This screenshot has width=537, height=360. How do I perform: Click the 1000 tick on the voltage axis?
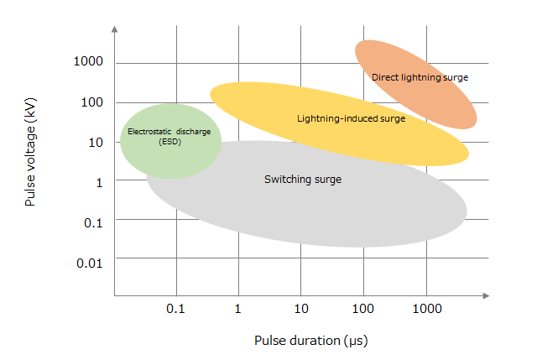(x=87, y=62)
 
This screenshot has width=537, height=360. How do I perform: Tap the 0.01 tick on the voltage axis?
(x=89, y=263)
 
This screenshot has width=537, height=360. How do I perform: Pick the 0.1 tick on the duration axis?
(x=175, y=309)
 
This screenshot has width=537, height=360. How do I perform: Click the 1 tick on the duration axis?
(x=238, y=309)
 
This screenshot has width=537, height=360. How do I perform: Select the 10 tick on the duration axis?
(x=300, y=309)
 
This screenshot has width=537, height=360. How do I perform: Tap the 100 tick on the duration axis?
(x=363, y=309)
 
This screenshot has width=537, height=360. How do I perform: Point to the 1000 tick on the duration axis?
(x=426, y=309)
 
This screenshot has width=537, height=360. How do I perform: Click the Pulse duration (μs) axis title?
(x=311, y=341)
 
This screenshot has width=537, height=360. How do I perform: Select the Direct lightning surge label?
(x=420, y=77)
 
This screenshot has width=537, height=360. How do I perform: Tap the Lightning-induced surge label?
(x=351, y=118)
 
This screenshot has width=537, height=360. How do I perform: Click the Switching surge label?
(x=303, y=179)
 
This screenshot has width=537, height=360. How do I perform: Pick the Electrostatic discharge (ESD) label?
(x=169, y=136)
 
